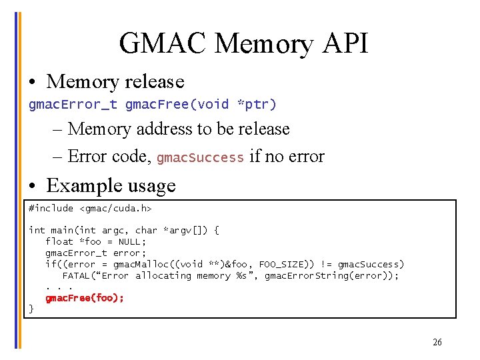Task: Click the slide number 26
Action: (437, 343)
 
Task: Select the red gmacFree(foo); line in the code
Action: (85, 298)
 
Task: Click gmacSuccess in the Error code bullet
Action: (200, 157)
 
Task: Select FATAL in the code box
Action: (78, 275)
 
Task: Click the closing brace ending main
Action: (31, 308)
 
